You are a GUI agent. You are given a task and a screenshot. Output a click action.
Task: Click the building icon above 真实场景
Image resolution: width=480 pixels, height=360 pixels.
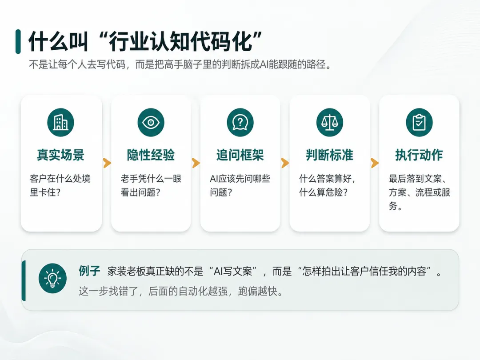coord(60,123)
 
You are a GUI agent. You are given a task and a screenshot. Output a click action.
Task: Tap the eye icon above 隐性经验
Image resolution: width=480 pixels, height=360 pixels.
coord(151,123)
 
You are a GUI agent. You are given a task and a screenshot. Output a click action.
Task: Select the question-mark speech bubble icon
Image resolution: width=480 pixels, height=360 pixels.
coord(240,123)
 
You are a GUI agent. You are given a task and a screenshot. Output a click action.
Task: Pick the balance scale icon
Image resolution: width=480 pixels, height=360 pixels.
coord(330,123)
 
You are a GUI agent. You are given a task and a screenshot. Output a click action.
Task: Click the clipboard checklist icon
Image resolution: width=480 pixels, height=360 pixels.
coord(419,123)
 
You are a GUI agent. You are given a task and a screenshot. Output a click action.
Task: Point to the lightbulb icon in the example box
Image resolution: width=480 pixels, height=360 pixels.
coord(52,278)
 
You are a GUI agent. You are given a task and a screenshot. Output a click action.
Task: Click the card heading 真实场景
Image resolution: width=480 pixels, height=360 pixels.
coord(60,155)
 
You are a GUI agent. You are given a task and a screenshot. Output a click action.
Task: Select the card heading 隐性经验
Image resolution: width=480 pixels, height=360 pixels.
coord(151,155)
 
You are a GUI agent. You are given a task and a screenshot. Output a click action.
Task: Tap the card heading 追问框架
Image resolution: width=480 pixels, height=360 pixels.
coord(240,155)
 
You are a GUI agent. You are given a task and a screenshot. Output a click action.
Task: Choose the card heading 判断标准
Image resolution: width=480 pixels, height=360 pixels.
coord(330,155)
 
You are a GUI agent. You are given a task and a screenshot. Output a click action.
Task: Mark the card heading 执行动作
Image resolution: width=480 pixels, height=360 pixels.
coord(419,155)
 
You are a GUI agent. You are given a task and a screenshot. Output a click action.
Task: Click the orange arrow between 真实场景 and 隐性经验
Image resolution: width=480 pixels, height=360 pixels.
coord(107,163)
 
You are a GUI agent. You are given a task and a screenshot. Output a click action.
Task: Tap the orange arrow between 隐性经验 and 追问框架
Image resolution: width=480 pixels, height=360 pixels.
coord(196,163)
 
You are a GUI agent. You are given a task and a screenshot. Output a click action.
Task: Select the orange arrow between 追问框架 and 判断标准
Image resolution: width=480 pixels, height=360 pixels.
coord(285,163)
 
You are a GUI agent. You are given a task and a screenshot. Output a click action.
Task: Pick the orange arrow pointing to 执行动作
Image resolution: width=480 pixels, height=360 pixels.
coord(375,163)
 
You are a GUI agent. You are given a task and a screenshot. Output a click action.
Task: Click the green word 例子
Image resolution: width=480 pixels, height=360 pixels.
coord(89,271)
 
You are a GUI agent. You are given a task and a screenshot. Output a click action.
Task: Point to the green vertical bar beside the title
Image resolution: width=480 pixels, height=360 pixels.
coord(18,42)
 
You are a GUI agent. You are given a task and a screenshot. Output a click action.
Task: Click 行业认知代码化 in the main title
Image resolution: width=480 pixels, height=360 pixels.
coord(181,41)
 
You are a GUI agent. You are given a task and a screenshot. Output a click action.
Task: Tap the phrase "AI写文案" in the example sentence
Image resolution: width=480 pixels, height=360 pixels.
coord(233,271)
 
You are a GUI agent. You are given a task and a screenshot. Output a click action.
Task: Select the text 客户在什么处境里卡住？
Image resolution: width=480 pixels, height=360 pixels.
coord(60,185)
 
